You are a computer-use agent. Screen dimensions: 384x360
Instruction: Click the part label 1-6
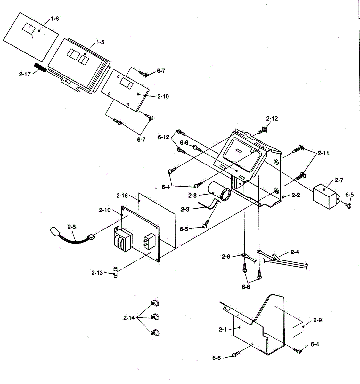(x=55, y=19)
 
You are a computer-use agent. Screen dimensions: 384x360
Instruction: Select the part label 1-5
(x=100, y=42)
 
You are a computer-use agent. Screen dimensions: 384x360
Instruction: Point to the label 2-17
(x=25, y=74)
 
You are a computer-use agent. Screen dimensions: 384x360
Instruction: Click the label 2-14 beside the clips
(x=129, y=318)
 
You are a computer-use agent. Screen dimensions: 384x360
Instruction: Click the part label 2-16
(x=122, y=195)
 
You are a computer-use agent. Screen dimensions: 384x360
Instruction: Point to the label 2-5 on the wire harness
(x=72, y=227)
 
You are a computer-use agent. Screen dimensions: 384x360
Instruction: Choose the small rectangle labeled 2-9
(x=298, y=329)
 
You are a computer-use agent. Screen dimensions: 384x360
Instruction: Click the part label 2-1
(x=223, y=329)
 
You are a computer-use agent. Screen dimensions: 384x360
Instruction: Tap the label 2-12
(x=272, y=119)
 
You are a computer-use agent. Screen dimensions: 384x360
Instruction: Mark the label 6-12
(x=163, y=137)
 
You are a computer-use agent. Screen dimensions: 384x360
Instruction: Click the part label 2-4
(x=295, y=252)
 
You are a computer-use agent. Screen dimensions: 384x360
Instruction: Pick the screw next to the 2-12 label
(x=262, y=131)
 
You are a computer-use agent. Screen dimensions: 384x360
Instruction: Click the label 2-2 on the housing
(x=296, y=195)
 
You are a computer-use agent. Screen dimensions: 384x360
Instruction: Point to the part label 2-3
(x=185, y=209)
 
